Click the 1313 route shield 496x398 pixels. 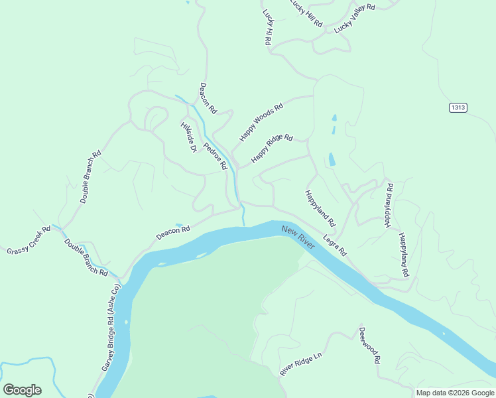[458, 107]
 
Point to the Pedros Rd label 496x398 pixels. [216, 155]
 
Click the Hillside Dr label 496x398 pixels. [189, 137]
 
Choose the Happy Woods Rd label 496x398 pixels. [261, 121]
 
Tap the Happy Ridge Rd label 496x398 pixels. [271, 149]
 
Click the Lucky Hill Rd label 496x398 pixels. [306, 13]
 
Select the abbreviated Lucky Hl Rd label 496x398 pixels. [267, 27]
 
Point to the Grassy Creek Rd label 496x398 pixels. [29, 241]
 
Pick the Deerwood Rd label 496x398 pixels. [369, 344]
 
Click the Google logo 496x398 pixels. [22, 389]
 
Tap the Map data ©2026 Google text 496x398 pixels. [454, 393]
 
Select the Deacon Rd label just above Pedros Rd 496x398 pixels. [208, 98]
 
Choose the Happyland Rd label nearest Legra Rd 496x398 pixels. [320, 207]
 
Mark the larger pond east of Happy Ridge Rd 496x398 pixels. [331, 159]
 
